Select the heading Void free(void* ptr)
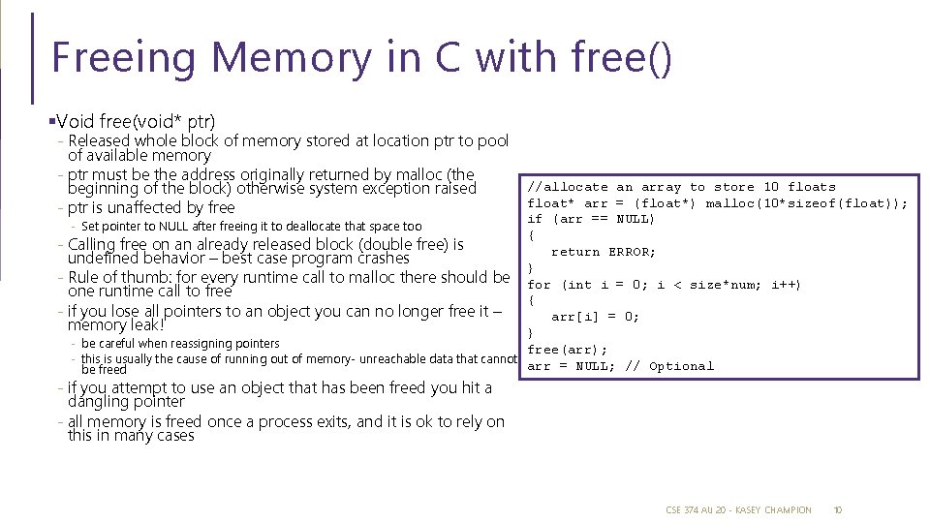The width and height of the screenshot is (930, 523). [136, 121]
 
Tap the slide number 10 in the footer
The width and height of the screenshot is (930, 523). [839, 509]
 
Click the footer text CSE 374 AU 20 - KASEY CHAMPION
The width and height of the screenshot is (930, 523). [738, 509]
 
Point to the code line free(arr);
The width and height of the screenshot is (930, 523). [567, 350]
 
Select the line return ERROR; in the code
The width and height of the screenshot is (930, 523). [603, 252]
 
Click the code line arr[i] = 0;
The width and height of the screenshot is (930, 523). [595, 317]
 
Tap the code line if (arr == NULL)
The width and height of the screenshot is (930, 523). [591, 219]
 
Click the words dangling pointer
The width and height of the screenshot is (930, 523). [126, 401]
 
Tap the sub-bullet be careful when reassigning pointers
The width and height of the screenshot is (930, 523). [180, 344]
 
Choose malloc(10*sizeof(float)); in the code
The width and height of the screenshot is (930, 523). [806, 203]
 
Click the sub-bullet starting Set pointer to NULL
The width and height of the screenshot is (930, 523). [252, 227]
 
